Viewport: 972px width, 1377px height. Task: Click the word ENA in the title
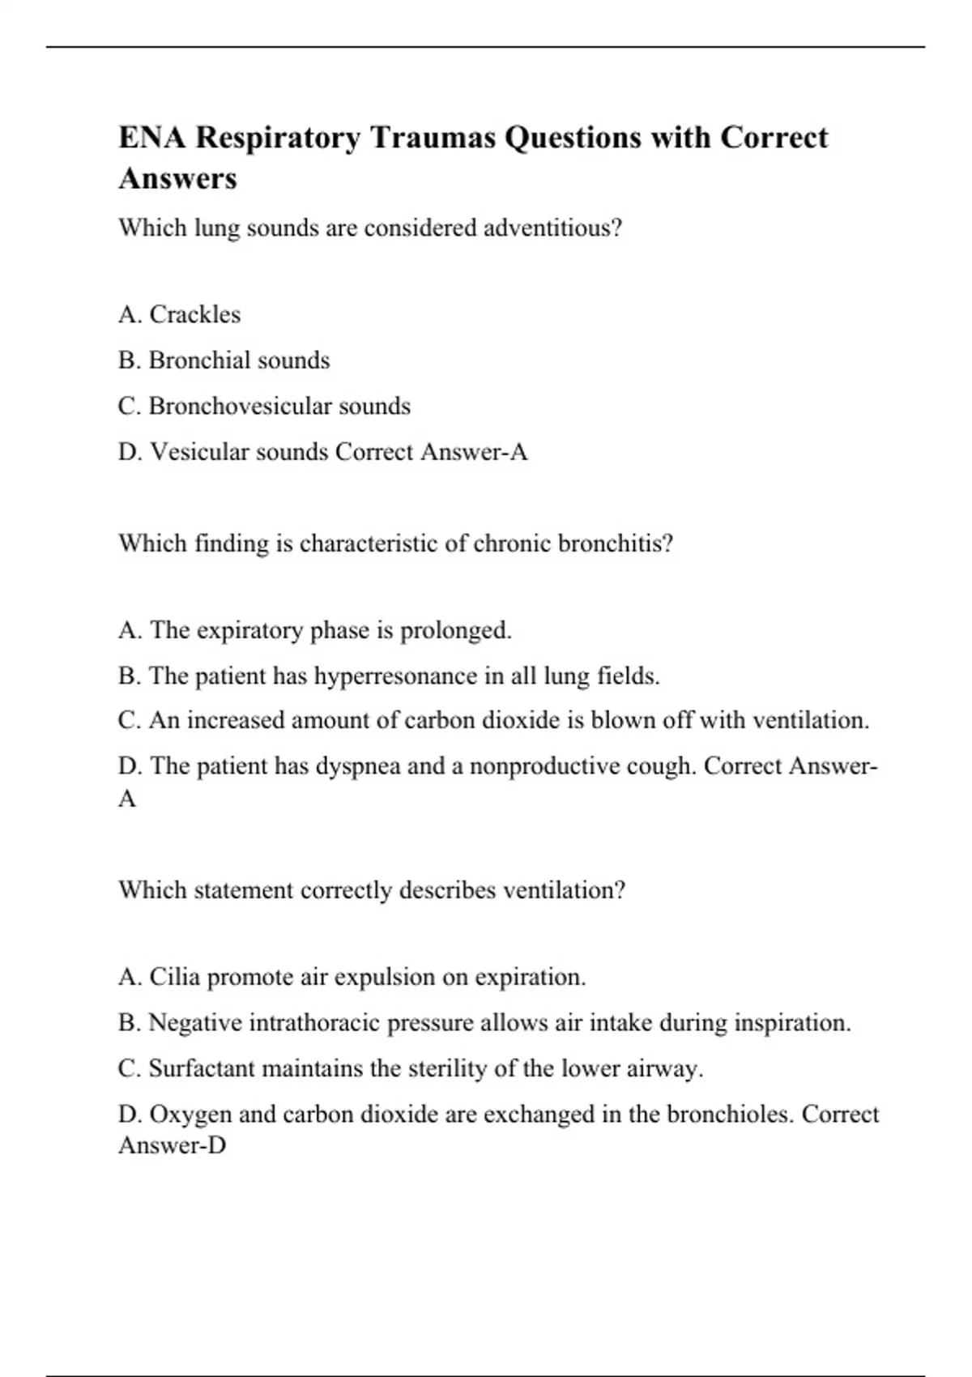click(151, 138)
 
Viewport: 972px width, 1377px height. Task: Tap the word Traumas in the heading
click(433, 138)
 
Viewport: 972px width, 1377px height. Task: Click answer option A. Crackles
click(179, 314)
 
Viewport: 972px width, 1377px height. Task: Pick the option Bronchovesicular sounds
click(264, 406)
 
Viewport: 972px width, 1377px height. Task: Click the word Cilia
click(174, 977)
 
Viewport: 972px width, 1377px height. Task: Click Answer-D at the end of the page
click(172, 1145)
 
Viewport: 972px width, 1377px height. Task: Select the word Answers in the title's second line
click(177, 178)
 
